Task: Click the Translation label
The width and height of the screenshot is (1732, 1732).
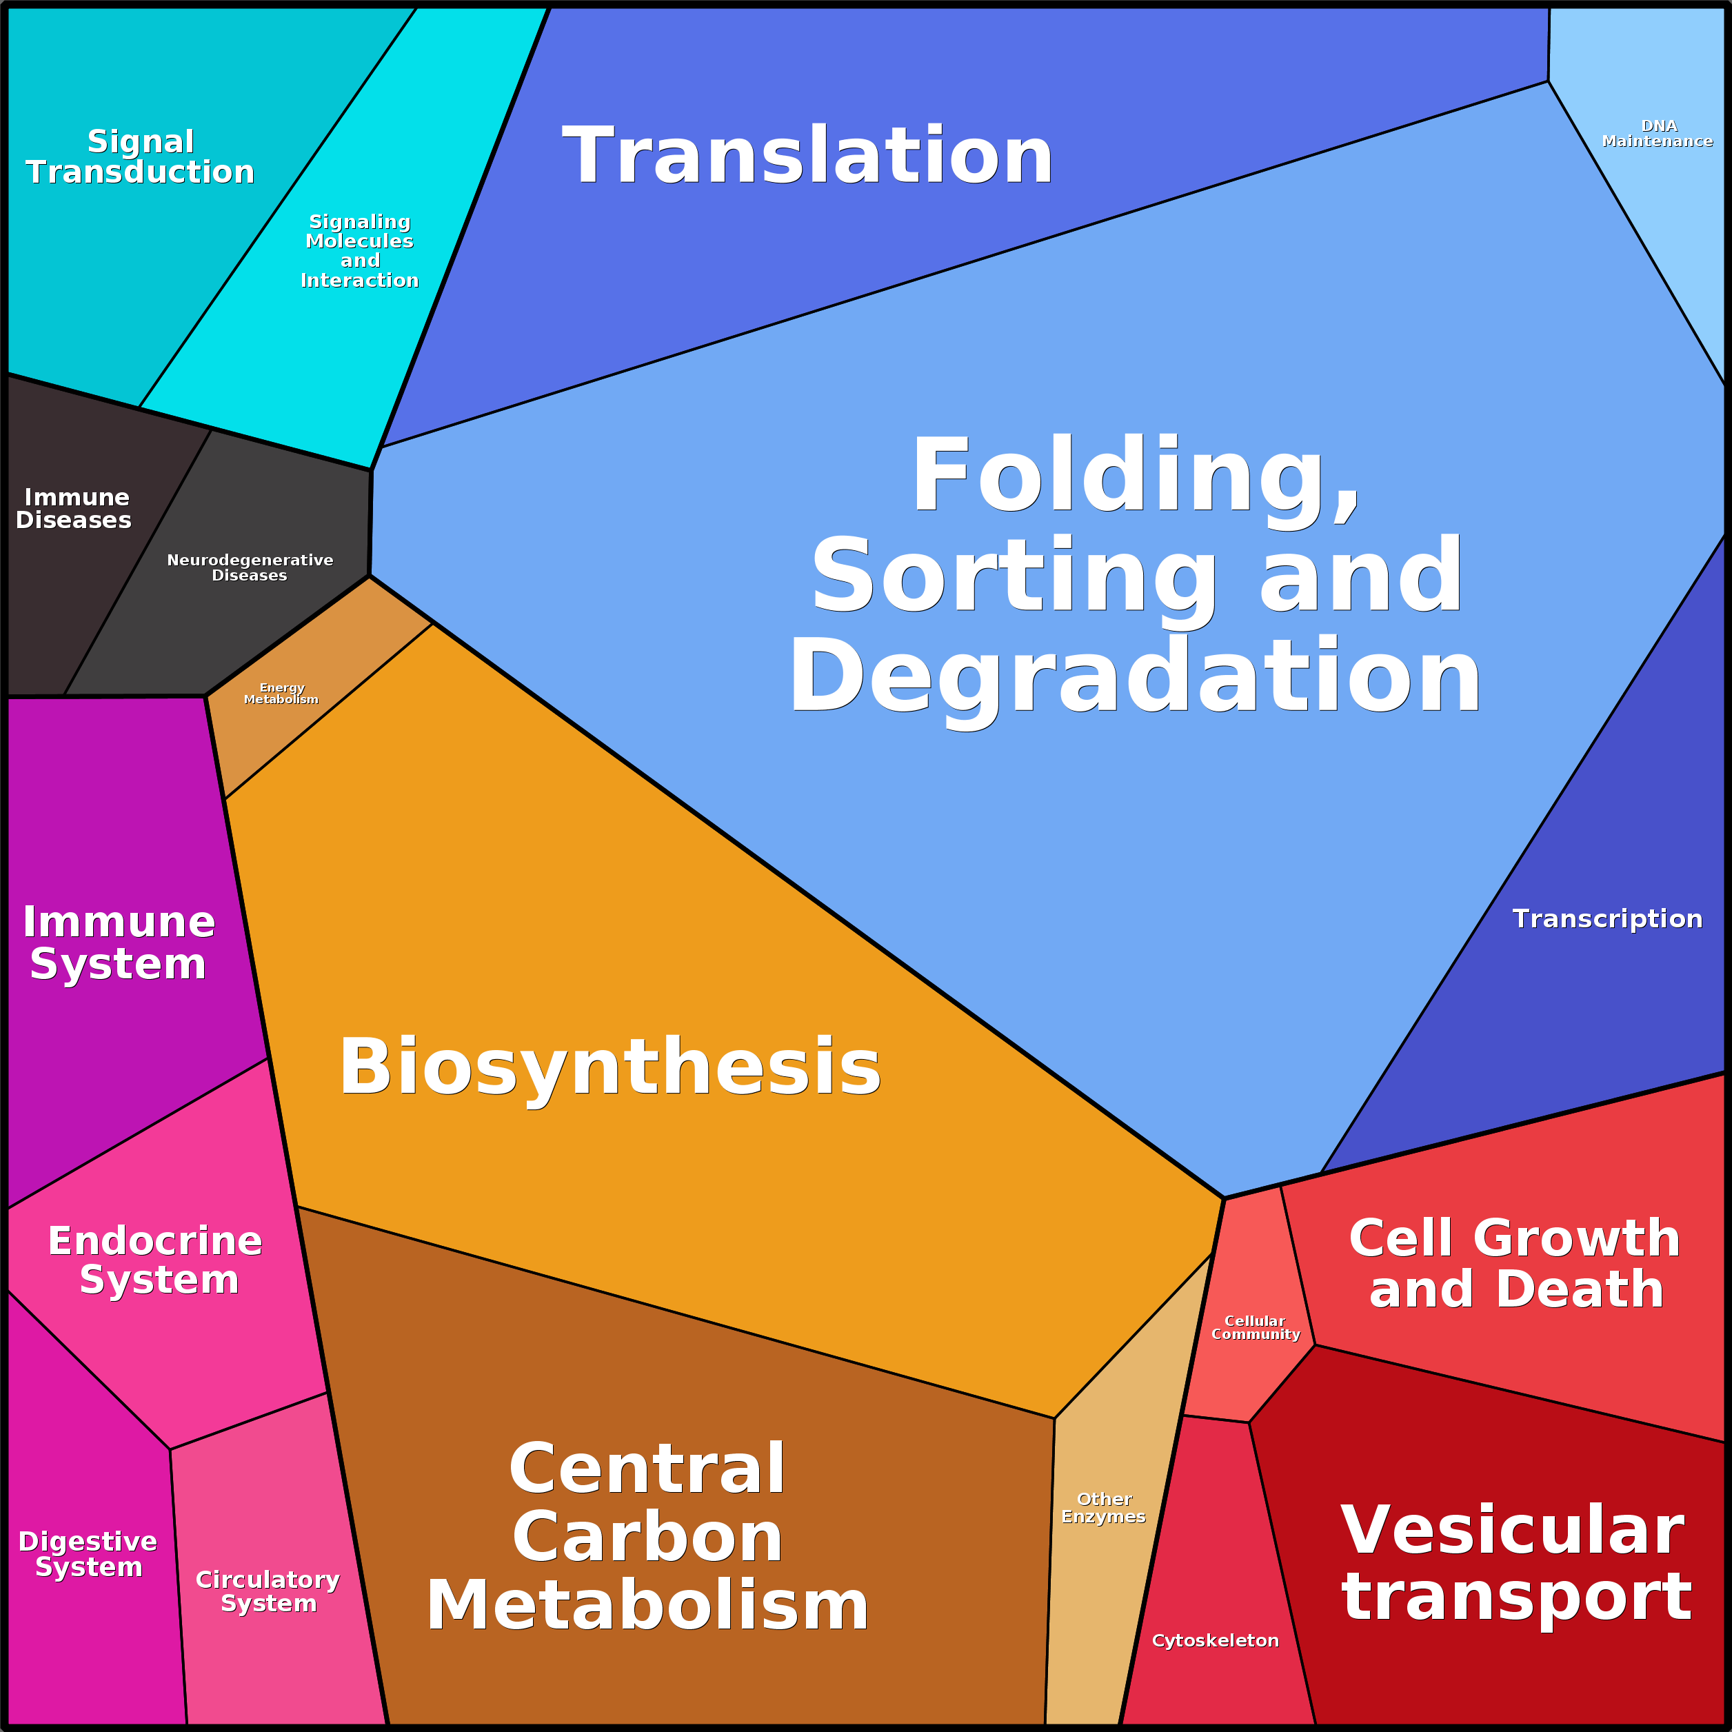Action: tap(807, 157)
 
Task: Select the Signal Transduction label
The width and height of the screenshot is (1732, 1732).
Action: tap(140, 157)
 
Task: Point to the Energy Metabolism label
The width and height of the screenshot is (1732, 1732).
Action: tap(281, 693)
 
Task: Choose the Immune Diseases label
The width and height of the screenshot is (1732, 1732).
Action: tap(74, 508)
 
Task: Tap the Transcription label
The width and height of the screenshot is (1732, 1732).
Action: tap(1607, 919)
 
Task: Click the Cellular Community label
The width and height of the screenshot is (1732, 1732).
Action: tap(1255, 1328)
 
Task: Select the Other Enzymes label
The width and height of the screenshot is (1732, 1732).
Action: tap(1104, 1508)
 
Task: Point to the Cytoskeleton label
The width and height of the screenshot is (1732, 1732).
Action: tap(1215, 1640)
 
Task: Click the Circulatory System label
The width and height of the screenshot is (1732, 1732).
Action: tap(268, 1591)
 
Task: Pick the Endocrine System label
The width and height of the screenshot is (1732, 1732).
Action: tap(156, 1260)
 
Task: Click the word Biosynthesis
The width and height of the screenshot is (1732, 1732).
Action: tap(610, 1067)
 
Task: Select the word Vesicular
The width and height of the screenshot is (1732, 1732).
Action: tap(1512, 1530)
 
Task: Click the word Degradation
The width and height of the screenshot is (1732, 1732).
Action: tap(1134, 677)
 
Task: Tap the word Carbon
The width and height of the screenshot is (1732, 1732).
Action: tap(647, 1538)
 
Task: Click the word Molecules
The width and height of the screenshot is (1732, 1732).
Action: tap(359, 241)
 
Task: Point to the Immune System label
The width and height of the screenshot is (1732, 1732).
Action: tap(119, 943)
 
